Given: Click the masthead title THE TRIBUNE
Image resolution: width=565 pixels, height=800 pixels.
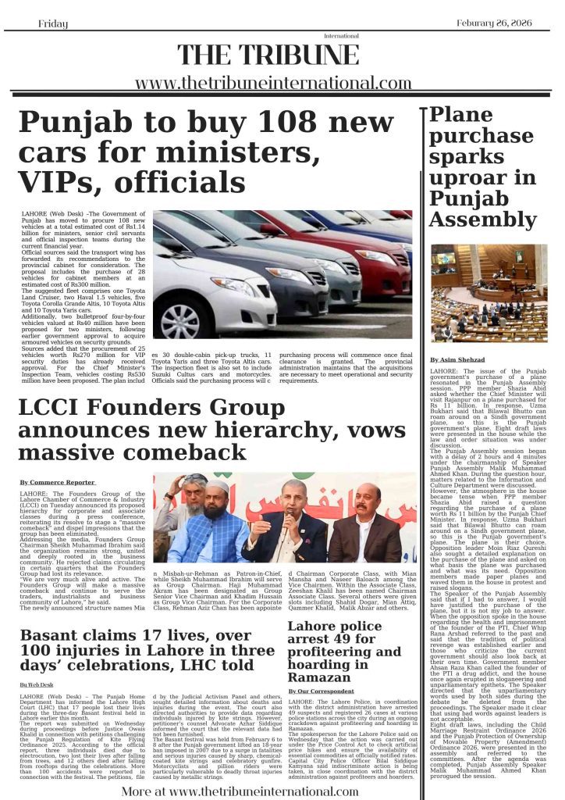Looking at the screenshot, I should tap(270, 55).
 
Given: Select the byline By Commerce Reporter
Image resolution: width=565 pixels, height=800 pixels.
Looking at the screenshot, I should tap(58, 483).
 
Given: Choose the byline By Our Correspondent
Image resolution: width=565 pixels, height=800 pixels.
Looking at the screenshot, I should tap(321, 692).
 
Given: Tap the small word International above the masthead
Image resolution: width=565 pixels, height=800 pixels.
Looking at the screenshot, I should tap(337, 36).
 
